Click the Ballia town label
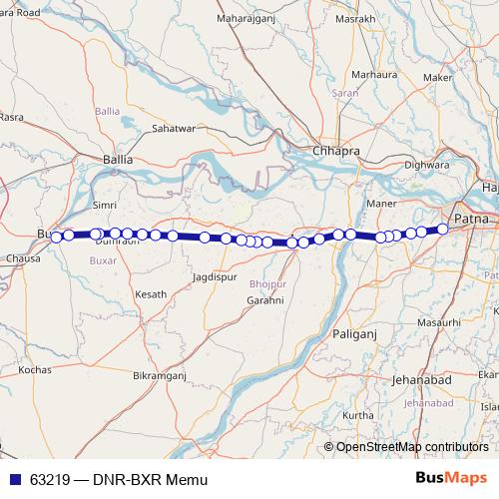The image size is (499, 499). coord(118,158)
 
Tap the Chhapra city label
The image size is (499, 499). coord(335,151)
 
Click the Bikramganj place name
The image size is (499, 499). coord(160,376)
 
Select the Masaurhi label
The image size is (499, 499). coord(439,322)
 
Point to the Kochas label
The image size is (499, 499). coord(35,369)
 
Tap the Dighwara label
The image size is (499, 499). coord(427,164)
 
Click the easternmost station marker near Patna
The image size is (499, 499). coord(443,229)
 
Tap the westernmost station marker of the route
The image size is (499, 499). coord(57,237)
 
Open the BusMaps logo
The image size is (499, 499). coord(450,478)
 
